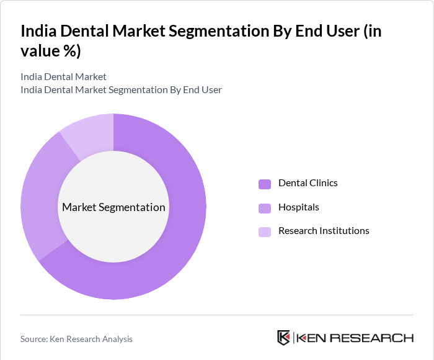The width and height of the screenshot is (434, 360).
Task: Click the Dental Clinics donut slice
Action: [180, 236]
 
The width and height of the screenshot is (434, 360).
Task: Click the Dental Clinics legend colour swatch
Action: [265, 184]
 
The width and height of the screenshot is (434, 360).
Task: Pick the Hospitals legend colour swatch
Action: [265, 208]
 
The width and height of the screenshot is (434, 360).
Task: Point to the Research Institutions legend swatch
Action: [265, 232]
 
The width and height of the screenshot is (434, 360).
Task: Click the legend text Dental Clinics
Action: [308, 183]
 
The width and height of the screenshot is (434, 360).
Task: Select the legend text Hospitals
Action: [299, 207]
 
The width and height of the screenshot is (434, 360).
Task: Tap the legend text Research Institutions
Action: [324, 231]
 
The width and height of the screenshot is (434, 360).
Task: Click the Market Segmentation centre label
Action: [113, 207]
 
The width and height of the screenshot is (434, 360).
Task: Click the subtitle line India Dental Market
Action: [63, 77]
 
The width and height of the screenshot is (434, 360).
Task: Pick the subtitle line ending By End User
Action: [121, 90]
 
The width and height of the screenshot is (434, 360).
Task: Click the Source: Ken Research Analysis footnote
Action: [76, 339]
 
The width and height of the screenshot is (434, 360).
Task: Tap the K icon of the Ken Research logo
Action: [283, 338]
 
